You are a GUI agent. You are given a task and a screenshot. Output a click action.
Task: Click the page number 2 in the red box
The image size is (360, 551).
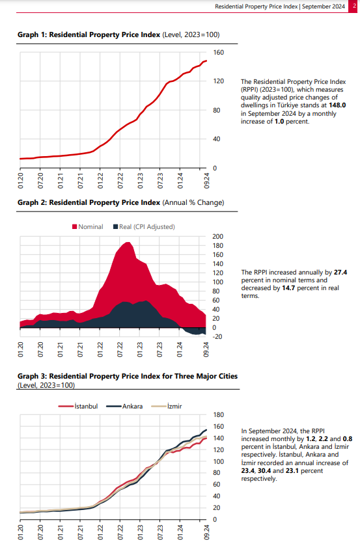coord(354,6)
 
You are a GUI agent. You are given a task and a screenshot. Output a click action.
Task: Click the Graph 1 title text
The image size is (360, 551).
coord(118,34)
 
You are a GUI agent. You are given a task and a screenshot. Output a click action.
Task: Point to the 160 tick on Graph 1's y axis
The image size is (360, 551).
coord(218,52)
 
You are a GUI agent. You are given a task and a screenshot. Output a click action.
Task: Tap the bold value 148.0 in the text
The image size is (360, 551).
coord(337,105)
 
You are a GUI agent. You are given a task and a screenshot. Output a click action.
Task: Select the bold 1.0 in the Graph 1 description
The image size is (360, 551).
coord(279,122)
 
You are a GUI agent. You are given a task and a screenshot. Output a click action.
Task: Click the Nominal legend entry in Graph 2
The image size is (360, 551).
coord(87,226)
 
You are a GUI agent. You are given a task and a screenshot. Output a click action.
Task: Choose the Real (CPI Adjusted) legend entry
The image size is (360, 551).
coord(144,226)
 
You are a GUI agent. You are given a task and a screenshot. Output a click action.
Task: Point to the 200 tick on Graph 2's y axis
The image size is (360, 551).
coord(217,237)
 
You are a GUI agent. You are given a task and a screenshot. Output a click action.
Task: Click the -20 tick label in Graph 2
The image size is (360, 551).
coord(217,336)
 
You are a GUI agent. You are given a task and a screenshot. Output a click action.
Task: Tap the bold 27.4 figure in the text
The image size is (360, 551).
coord(340,273)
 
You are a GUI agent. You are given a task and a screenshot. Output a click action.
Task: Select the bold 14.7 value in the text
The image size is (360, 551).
coord(288,288)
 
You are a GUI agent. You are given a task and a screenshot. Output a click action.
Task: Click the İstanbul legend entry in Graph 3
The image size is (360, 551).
coord(78,406)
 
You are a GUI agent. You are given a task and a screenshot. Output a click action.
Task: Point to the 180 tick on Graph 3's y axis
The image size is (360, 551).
coord(218,414)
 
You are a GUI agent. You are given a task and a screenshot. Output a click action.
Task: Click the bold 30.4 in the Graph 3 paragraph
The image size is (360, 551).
coord(264,471)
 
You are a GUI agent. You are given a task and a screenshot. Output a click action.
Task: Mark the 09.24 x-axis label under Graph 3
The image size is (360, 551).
coord(206,532)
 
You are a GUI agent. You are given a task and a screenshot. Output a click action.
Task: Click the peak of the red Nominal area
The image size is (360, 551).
coord(128,242)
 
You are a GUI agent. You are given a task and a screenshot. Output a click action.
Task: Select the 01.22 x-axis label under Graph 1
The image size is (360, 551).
coord(100,181)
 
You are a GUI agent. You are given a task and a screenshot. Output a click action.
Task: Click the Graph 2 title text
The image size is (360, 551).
coord(121,203)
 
